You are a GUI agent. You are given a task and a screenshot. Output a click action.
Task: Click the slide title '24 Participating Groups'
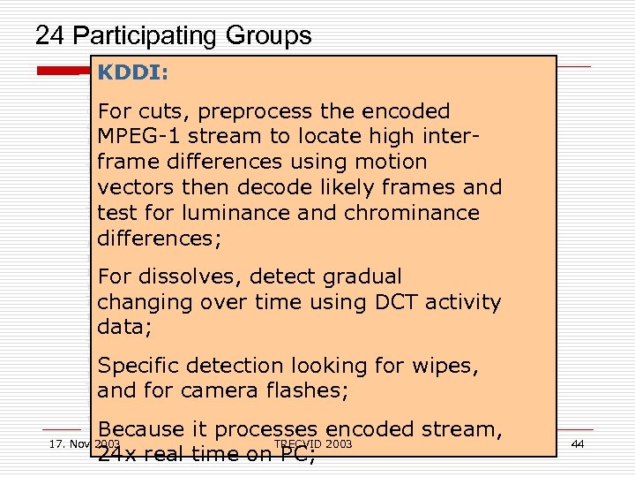[173, 35]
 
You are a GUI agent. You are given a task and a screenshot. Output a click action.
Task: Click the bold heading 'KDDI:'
[133, 72]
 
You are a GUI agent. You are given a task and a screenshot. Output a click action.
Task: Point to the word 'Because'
[140, 429]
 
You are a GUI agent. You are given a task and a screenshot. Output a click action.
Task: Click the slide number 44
[578, 443]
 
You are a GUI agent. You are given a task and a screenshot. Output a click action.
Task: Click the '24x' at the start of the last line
[116, 455]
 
